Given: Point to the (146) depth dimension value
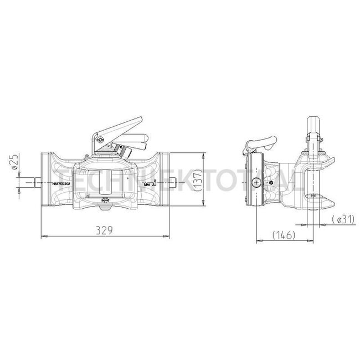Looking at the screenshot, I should tap(282, 235).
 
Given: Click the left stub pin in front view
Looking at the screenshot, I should tap(34, 182).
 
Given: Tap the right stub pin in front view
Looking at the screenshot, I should tap(174, 182).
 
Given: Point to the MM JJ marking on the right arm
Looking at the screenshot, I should tap(150, 183).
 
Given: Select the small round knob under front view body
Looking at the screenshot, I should tap(103, 209).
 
